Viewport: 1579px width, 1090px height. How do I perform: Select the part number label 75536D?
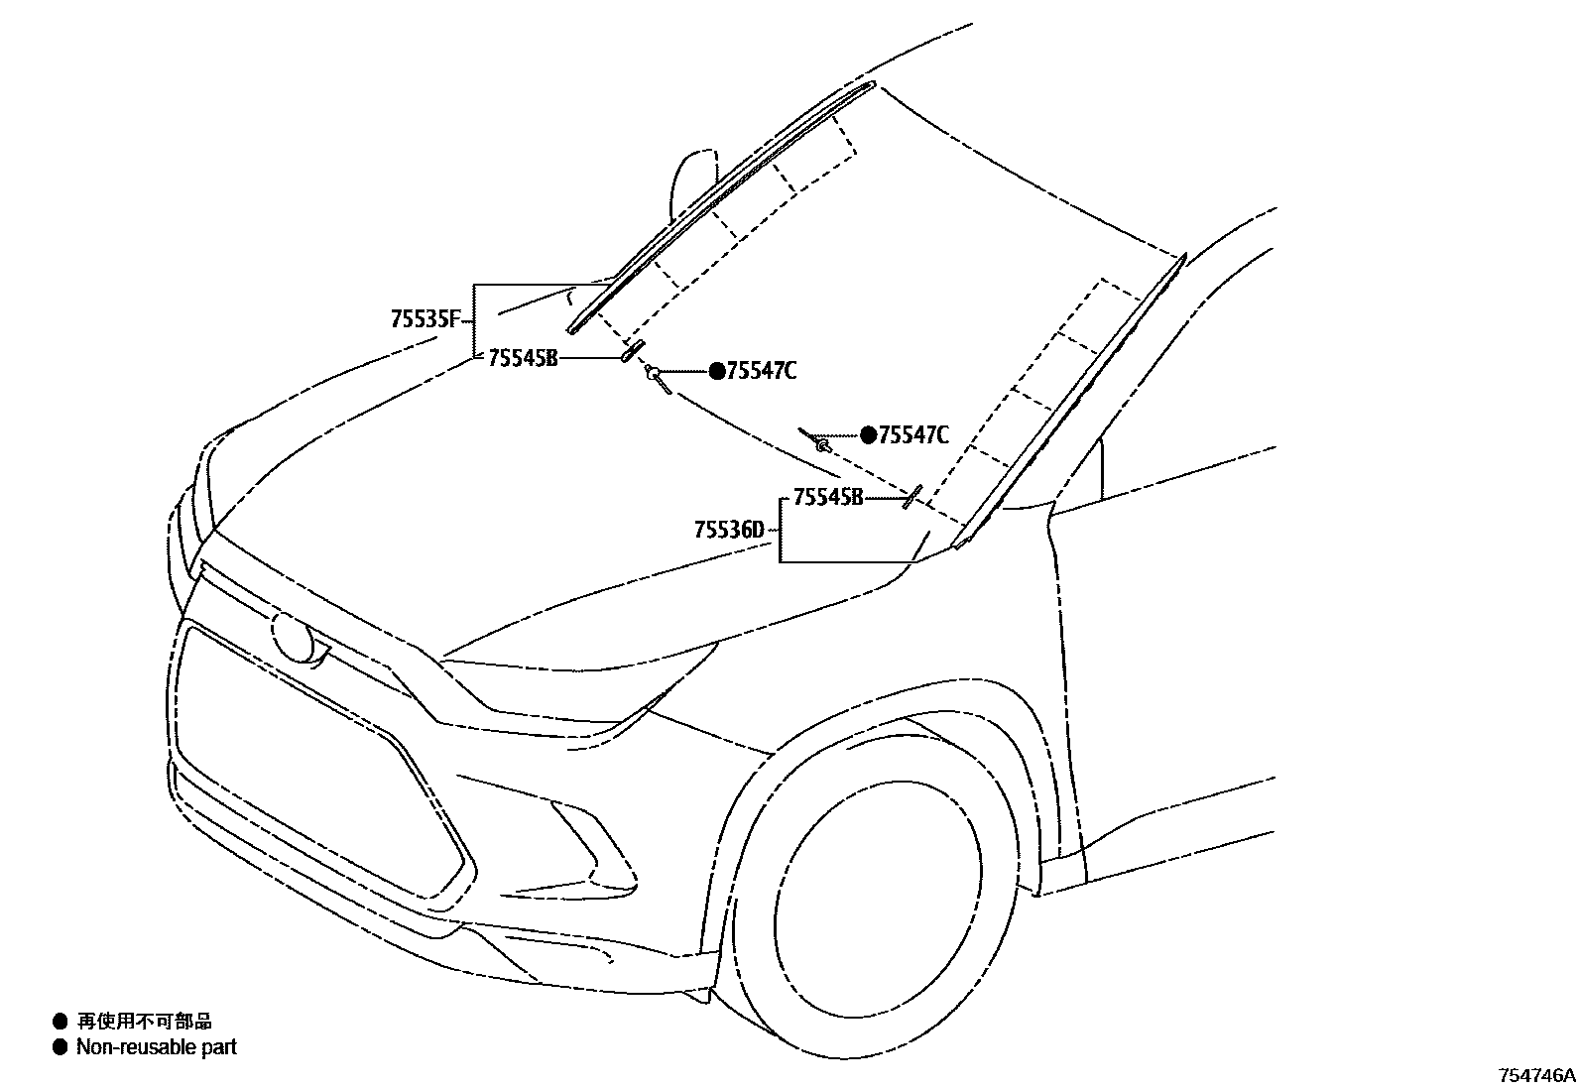tap(730, 531)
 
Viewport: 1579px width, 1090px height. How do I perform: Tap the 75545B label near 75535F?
tap(523, 358)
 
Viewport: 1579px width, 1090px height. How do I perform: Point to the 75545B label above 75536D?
tap(827, 498)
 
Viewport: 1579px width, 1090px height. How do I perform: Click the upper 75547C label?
tap(761, 372)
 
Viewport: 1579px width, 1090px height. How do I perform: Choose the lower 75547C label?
tap(913, 434)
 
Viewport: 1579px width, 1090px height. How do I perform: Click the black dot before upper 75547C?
tap(717, 372)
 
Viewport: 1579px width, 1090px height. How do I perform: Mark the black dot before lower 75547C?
tap(869, 434)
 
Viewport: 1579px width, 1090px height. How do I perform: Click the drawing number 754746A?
tap(1536, 1075)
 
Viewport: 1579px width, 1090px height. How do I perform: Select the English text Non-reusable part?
tap(157, 1047)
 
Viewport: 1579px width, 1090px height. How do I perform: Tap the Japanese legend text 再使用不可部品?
tap(144, 1022)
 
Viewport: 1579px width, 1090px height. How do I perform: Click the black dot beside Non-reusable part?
tap(61, 1047)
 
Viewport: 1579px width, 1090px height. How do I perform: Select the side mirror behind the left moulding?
tap(691, 183)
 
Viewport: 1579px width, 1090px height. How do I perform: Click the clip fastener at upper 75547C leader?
tap(655, 375)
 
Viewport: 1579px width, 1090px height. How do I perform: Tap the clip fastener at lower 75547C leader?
tap(822, 446)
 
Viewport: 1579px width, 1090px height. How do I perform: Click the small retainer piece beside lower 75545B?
tap(911, 496)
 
